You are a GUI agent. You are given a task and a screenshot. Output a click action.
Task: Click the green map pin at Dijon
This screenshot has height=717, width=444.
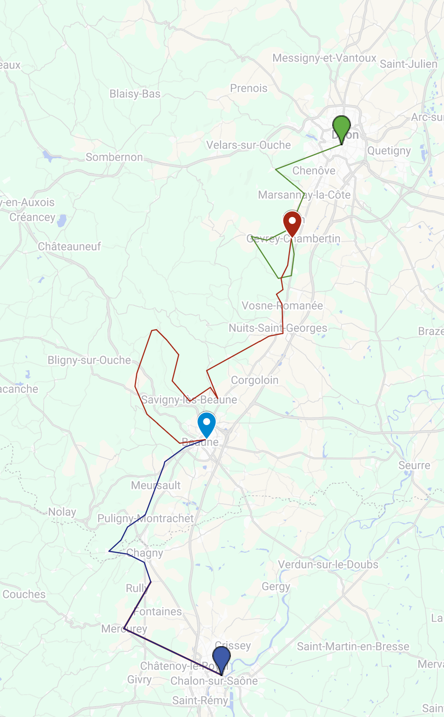(x=342, y=127)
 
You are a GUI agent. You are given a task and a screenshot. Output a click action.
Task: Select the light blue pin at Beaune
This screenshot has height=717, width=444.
(x=207, y=423)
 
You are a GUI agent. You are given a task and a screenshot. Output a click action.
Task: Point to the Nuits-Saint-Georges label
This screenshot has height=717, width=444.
(x=278, y=328)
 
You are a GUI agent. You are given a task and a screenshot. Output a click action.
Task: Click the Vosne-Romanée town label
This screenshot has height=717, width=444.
(x=282, y=306)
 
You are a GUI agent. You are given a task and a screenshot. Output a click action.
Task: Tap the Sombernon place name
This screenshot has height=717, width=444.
(x=114, y=157)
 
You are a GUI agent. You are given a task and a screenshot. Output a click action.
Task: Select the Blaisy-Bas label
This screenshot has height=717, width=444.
(x=135, y=94)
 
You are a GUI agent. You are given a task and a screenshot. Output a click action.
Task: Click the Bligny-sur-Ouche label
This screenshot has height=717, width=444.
(x=89, y=360)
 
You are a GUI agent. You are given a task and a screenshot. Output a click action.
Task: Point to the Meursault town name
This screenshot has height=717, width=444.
(x=156, y=486)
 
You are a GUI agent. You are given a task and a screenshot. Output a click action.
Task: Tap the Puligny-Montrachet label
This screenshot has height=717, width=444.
(x=145, y=519)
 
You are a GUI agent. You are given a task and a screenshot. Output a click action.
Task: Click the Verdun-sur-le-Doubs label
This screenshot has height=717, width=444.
(x=328, y=565)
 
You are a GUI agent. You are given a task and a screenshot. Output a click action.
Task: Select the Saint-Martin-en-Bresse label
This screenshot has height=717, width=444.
(x=353, y=647)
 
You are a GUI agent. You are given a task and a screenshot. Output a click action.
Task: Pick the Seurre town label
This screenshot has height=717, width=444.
(x=414, y=466)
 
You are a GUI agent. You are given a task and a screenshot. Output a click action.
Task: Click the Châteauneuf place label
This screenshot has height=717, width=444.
(x=69, y=247)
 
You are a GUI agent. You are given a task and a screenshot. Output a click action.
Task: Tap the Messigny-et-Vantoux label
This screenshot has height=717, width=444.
(x=324, y=58)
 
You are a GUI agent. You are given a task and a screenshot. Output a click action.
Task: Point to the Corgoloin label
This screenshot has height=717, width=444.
(x=255, y=380)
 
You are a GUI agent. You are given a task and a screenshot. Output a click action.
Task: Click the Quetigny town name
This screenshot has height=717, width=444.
(x=389, y=151)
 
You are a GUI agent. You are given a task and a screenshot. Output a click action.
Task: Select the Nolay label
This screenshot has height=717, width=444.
(x=62, y=512)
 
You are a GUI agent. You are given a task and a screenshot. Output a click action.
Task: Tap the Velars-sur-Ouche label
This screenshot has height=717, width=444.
(x=249, y=145)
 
